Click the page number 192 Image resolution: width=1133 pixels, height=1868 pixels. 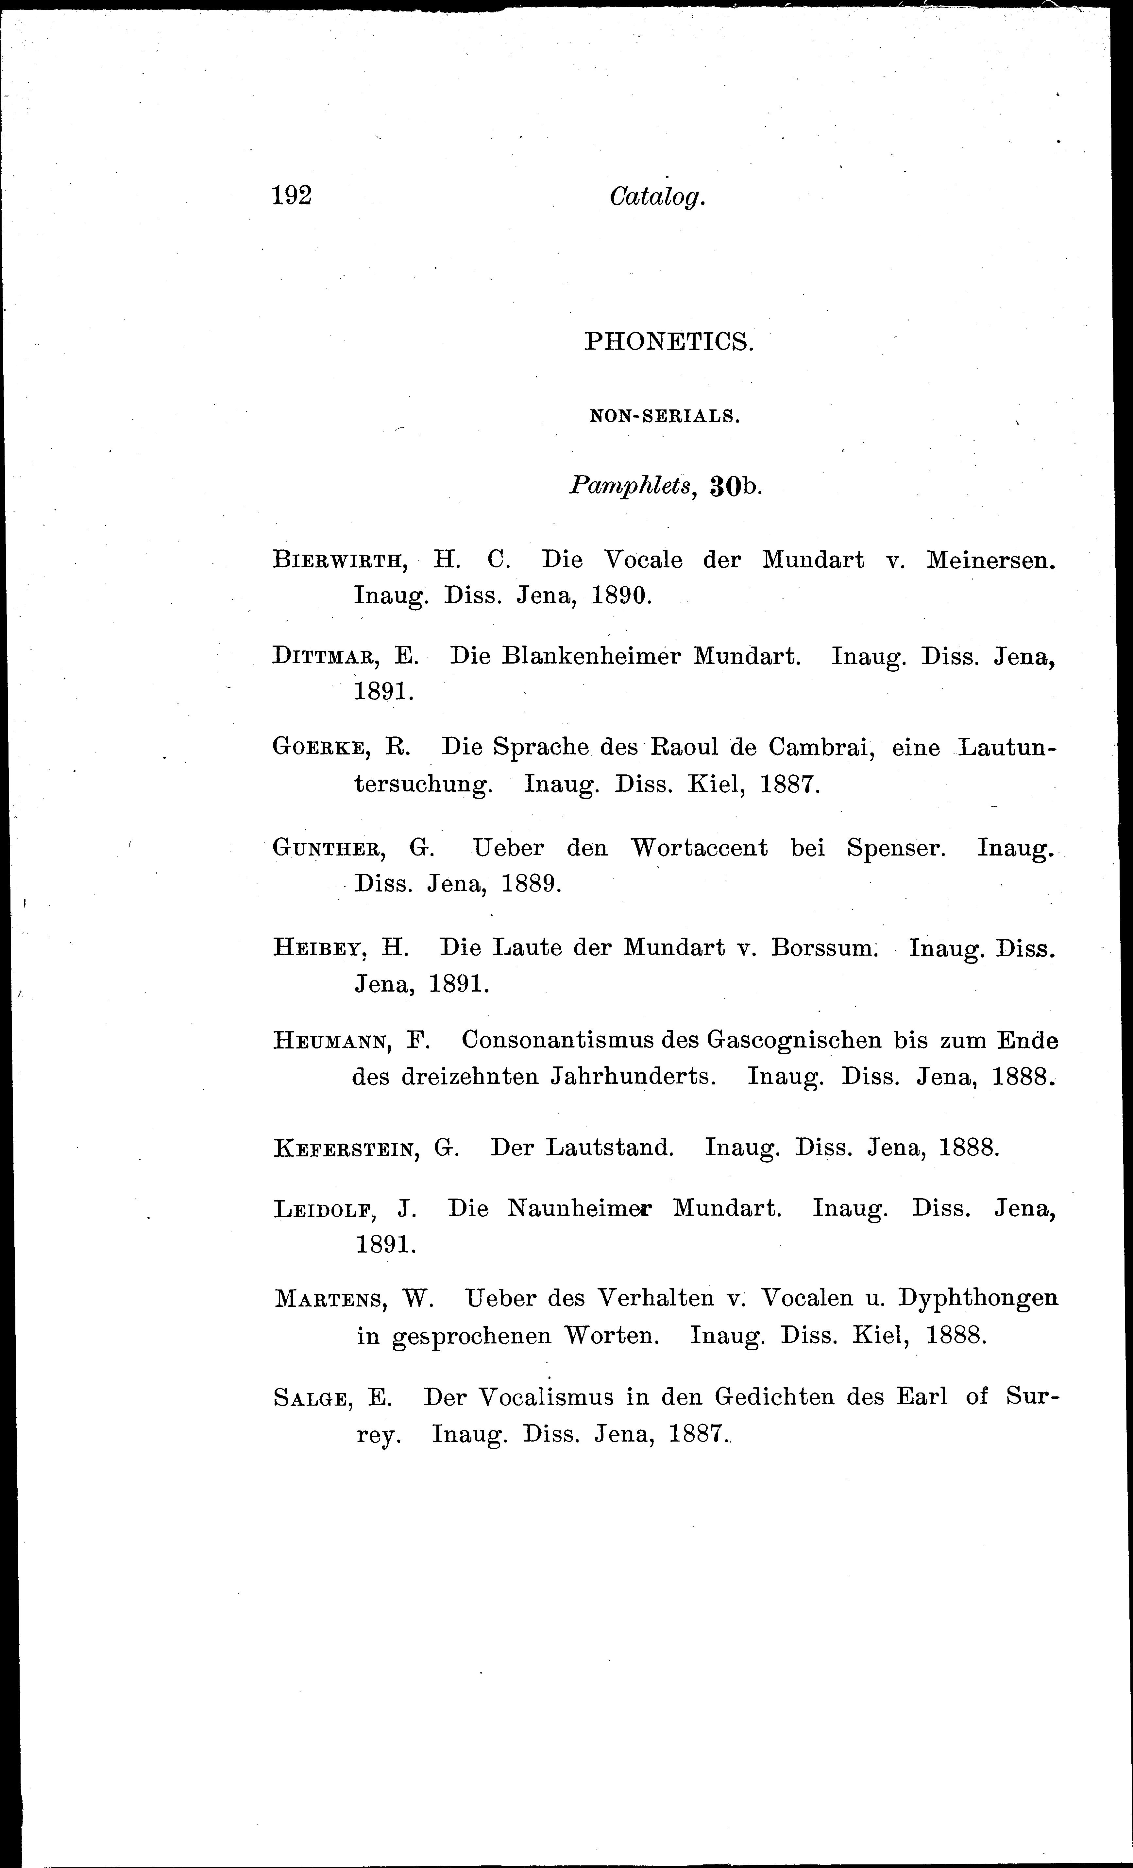[292, 196]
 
